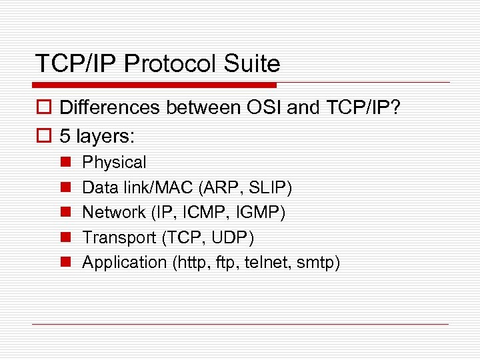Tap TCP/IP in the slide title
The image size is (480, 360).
(77, 64)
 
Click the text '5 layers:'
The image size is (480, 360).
(97, 136)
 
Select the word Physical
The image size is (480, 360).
(114, 163)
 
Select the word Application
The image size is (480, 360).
(124, 263)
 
